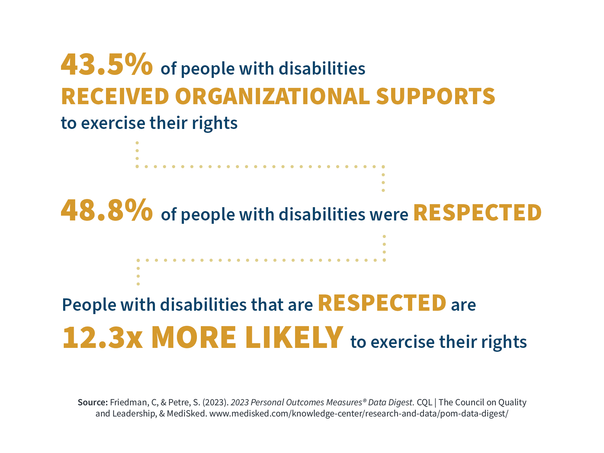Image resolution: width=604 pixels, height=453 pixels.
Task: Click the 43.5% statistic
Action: tap(107, 65)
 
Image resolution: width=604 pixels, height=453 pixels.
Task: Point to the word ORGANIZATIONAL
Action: tap(272, 97)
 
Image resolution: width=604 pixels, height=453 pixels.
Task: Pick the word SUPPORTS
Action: tap(435, 97)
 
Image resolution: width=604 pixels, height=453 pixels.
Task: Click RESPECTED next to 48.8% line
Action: tap(477, 213)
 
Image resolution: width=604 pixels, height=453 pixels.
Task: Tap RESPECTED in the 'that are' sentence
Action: tap(382, 303)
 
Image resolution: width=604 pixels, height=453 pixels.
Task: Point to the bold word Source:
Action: tap(92, 402)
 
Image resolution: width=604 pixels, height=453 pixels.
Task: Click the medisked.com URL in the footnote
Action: tap(359, 413)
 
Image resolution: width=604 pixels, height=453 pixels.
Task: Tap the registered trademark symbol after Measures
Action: tap(365, 400)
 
